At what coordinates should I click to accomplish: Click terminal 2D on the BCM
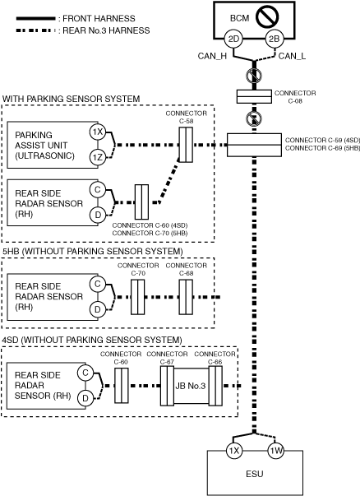[x=233, y=39]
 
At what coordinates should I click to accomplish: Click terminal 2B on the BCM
[x=274, y=39]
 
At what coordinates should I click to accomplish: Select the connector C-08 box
[x=254, y=96]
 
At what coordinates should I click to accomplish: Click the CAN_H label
[x=212, y=56]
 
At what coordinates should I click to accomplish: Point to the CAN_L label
[x=292, y=56]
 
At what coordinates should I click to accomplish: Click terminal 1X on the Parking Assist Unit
[x=98, y=132]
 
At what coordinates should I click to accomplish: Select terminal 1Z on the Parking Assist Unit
[x=98, y=157]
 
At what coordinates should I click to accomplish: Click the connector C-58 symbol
[x=186, y=145]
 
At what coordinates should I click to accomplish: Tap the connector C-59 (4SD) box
[x=254, y=145]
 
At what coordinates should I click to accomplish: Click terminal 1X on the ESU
[x=234, y=451]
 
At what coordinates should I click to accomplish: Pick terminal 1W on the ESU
[x=275, y=451]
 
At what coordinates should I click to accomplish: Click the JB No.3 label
[x=191, y=386]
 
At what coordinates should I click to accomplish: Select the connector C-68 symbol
[x=186, y=297]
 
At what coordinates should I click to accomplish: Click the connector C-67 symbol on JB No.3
[x=167, y=386]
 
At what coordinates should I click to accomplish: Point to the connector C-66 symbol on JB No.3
[x=215, y=386]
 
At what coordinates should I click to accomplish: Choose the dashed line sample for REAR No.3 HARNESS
[x=35, y=30]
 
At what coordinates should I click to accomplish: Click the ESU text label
[x=255, y=474]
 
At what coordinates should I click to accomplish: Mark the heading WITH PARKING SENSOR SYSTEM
[x=72, y=99]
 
